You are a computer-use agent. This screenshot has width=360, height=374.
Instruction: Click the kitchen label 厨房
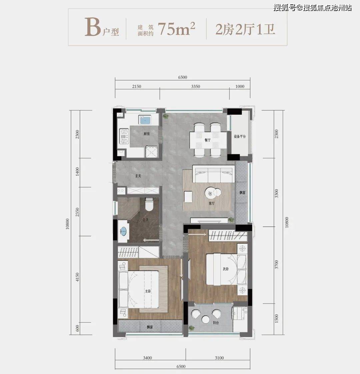click(146, 134)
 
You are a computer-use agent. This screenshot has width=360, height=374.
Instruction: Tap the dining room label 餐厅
click(208, 140)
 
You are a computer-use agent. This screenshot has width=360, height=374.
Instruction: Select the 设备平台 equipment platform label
click(240, 136)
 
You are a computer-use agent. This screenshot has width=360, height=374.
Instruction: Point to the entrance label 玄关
click(138, 176)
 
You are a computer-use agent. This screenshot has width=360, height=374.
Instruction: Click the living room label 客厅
click(212, 203)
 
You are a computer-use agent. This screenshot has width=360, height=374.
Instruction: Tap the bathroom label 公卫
click(146, 219)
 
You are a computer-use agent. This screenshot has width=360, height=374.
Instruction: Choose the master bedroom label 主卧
click(148, 291)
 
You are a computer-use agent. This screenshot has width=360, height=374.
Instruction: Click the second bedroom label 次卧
click(226, 269)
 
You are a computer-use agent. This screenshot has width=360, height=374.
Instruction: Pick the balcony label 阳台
click(216, 323)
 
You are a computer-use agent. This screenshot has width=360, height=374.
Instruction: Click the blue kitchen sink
click(145, 120)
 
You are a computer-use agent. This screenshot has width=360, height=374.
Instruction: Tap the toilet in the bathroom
click(149, 204)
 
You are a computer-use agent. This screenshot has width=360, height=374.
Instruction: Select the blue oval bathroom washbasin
click(123, 231)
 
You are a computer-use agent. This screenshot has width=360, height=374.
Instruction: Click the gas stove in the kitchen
click(124, 136)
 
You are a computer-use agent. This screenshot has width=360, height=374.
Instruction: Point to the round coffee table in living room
click(210, 193)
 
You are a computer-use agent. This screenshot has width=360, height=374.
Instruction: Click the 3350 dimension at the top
click(195, 86)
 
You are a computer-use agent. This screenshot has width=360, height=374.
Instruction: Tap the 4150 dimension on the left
click(77, 277)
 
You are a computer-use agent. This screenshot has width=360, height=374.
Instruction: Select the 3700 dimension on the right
click(277, 265)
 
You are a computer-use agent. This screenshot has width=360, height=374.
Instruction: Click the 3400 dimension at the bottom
click(147, 358)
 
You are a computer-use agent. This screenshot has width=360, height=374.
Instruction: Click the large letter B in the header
click(93, 27)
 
